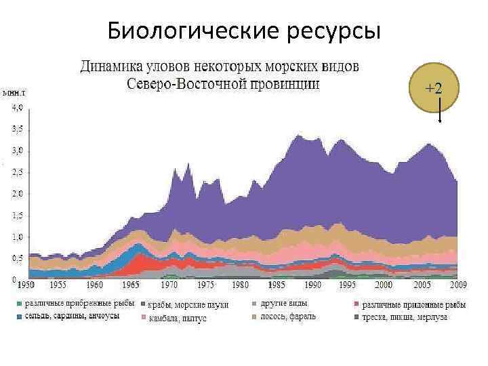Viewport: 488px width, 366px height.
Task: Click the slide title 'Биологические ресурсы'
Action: tap(244, 31)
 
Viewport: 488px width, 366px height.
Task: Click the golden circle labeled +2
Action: tap(434, 89)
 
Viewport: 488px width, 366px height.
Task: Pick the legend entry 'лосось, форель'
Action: tap(287, 317)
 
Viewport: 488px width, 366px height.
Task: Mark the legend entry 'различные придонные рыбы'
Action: tap(414, 304)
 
